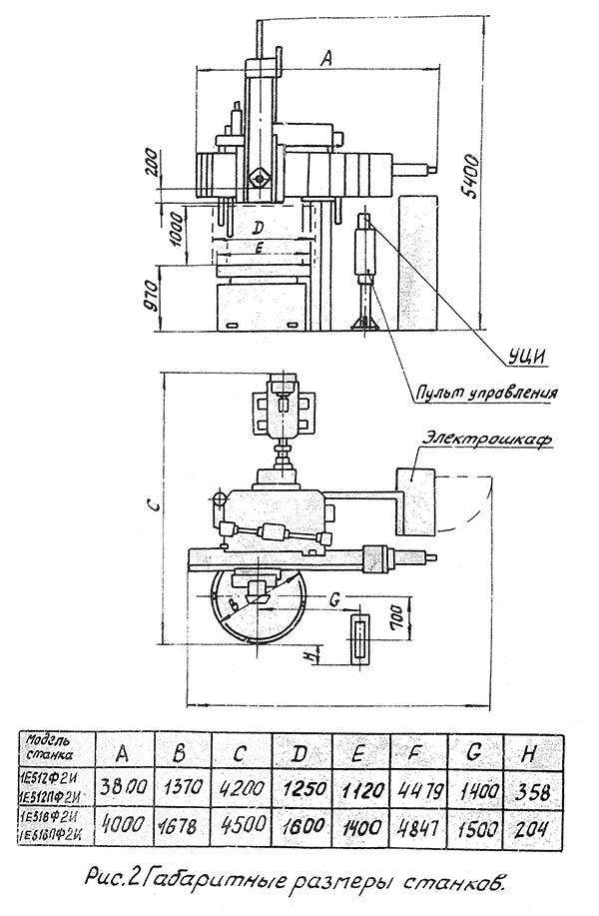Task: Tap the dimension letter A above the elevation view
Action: pyautogui.click(x=325, y=59)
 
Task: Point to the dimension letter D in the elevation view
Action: pyautogui.click(x=258, y=228)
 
